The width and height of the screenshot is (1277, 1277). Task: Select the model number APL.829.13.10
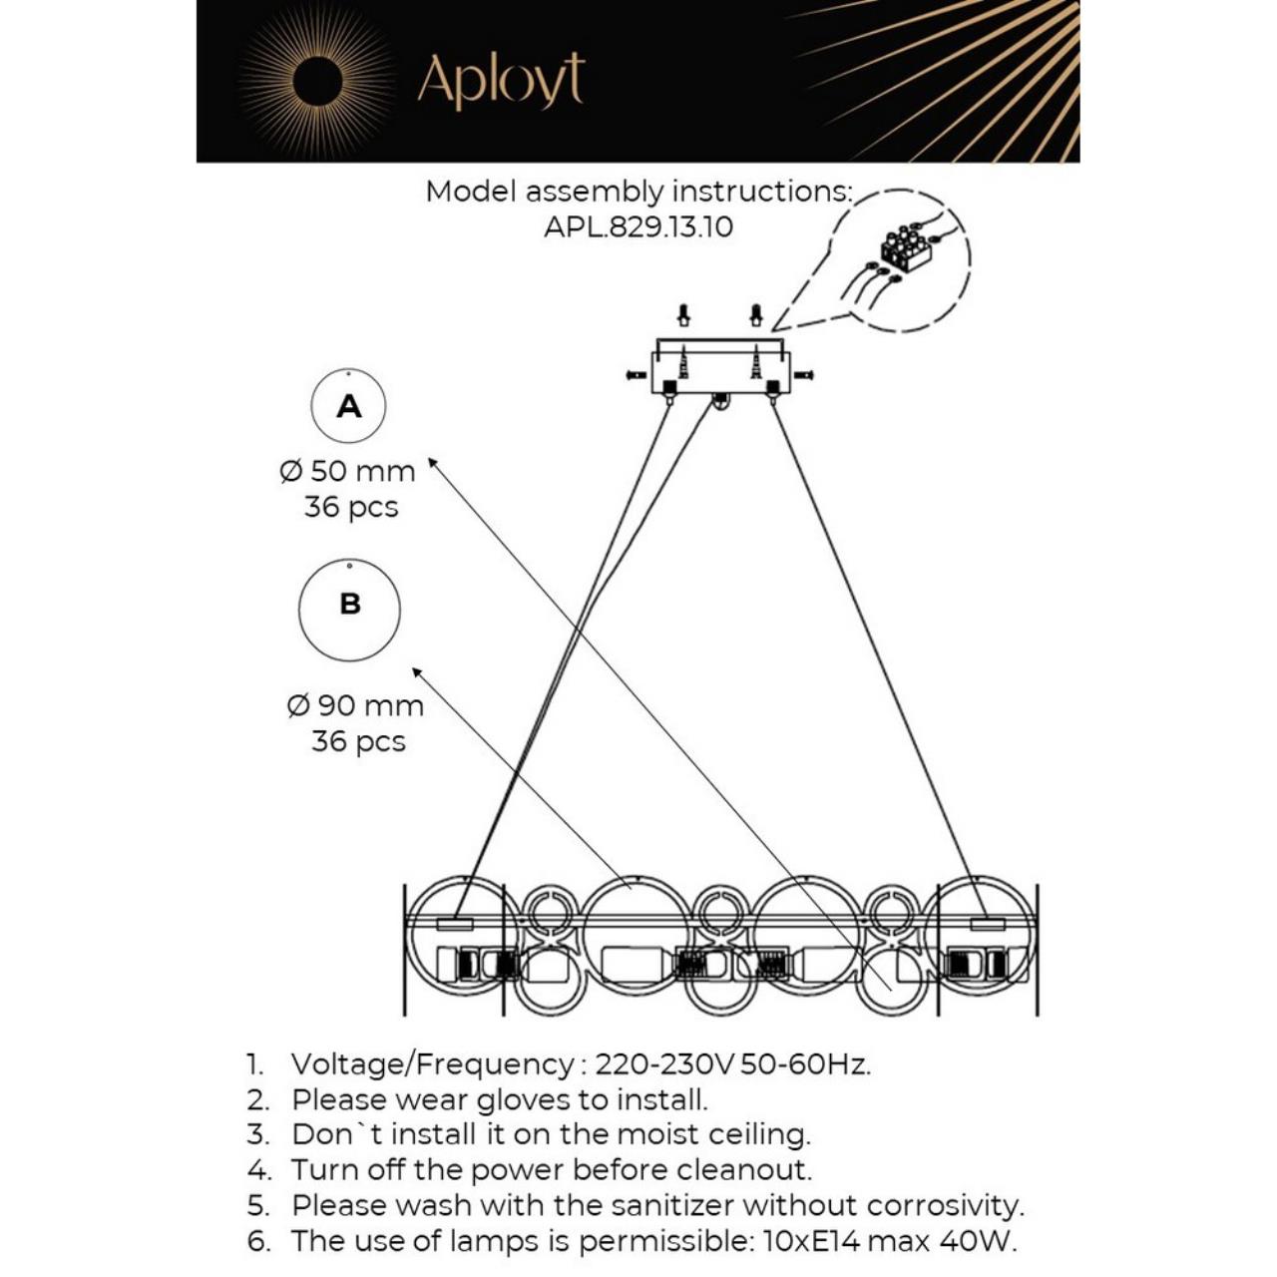click(638, 227)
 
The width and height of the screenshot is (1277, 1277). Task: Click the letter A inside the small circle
click(349, 406)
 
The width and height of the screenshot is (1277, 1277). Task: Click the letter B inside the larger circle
click(350, 604)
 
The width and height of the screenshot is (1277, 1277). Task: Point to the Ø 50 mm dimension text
click(347, 471)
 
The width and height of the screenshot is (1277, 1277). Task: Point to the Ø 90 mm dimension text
click(355, 706)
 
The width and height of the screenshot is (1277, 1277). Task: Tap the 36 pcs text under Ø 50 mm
click(351, 507)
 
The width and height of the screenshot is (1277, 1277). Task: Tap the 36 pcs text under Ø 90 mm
click(358, 741)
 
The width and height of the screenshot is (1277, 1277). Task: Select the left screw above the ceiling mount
click(683, 315)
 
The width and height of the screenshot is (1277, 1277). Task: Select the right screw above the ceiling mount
click(756, 315)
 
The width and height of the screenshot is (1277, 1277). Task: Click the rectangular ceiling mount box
click(720, 367)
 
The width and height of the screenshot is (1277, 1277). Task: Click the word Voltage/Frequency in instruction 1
click(432, 1064)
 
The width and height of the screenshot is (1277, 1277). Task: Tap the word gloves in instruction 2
click(524, 1099)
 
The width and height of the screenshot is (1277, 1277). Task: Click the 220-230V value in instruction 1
click(664, 1064)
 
